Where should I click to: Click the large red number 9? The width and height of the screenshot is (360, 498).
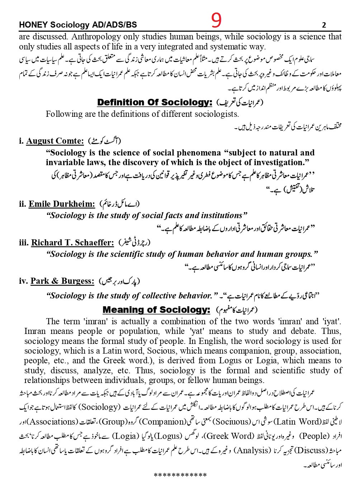pos(216,20)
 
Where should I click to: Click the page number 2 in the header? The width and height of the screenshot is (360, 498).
pos(324,25)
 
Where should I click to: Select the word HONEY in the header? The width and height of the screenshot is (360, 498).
pos(33,25)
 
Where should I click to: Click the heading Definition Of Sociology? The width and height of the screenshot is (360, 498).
pos(155,102)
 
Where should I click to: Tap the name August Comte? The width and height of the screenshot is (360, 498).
pos(55,141)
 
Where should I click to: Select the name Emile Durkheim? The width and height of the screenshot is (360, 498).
pos(62,204)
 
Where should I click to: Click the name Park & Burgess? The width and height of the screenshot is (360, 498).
pos(62,281)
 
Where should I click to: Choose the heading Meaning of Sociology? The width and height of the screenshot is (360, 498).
pos(156,310)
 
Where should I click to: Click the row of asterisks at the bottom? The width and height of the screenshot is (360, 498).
pos(180,475)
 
